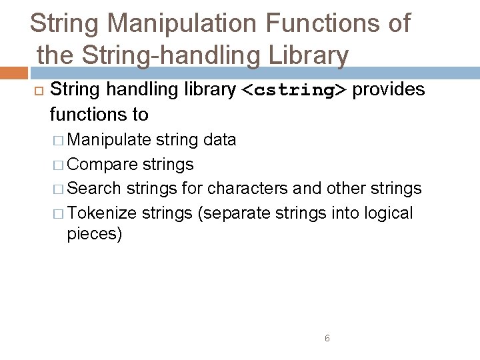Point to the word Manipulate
tap(109, 139)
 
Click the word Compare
tap(103, 164)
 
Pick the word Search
tap(94, 189)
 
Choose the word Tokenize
tap(102, 213)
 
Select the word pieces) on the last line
tap(94, 235)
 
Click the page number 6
tap(327, 338)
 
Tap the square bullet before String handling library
tap(37, 90)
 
